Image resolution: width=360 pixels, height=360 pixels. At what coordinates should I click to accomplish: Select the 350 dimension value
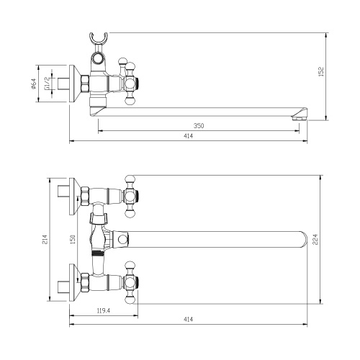pos(199,126)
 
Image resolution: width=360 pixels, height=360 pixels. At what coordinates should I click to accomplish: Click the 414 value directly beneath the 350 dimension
pos(189,137)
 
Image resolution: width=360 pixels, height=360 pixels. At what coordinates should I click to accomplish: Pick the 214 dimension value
pos(45,239)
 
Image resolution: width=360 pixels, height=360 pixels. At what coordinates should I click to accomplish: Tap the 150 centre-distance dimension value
pos(73,238)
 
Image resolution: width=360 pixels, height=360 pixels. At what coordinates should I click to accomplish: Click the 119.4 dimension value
pos(103,311)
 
